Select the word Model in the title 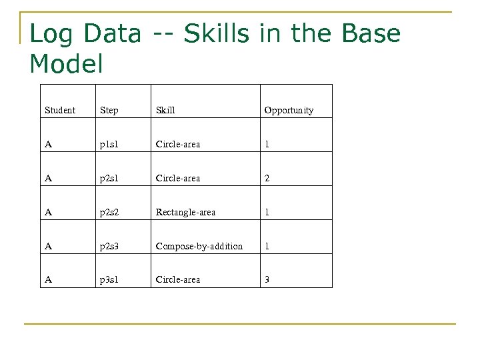[x=67, y=65]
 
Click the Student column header [x=59, y=110]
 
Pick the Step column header [x=109, y=110]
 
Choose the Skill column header [x=165, y=110]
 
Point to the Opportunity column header [x=289, y=110]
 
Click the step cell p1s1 [x=110, y=144]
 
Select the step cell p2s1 [x=110, y=178]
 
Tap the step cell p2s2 [x=110, y=212]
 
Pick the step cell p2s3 [x=110, y=246]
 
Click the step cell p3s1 [x=110, y=280]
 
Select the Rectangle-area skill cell [x=185, y=212]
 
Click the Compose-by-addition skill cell [x=199, y=246]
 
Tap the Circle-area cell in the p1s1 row [x=177, y=144]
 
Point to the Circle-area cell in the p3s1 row [x=177, y=280]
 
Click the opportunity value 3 [x=267, y=280]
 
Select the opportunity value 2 [x=267, y=178]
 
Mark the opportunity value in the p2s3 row [x=267, y=246]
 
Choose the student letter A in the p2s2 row [x=48, y=212]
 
